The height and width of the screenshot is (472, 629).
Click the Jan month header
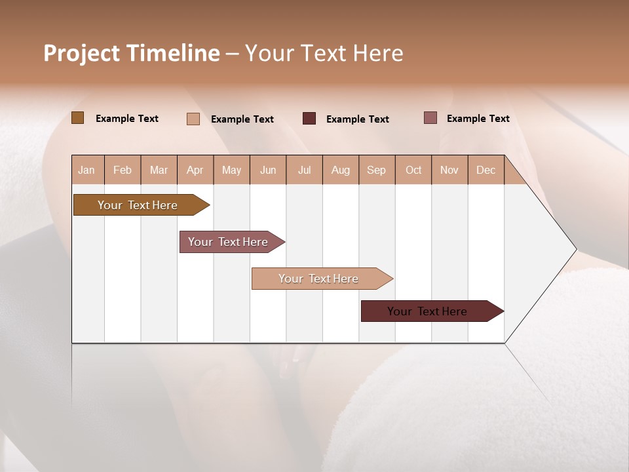pyautogui.click(x=86, y=170)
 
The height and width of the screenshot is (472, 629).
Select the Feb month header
pyautogui.click(x=123, y=170)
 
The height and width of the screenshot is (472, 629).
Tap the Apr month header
pyautogui.click(x=195, y=170)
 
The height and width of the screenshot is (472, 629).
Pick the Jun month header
pyautogui.click(x=268, y=170)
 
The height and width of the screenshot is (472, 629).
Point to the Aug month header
pyautogui.click(x=341, y=170)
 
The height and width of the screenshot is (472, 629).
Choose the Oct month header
pyautogui.click(x=413, y=170)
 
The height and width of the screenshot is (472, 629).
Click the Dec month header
pyautogui.click(x=486, y=170)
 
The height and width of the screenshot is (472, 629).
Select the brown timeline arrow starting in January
pyautogui.click(x=138, y=205)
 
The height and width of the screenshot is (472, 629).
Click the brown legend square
pyautogui.click(x=77, y=118)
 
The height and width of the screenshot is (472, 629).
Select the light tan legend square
pyautogui.click(x=193, y=119)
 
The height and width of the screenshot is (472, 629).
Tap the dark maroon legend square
pyautogui.click(x=309, y=119)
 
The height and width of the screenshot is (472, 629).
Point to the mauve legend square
pyautogui.click(x=430, y=118)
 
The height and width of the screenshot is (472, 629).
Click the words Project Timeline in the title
pyautogui.click(x=131, y=53)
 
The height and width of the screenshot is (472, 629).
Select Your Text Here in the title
pyautogui.click(x=324, y=53)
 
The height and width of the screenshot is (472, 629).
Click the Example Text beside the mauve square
pyautogui.click(x=478, y=119)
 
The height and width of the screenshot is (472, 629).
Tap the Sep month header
pyautogui.click(x=376, y=170)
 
